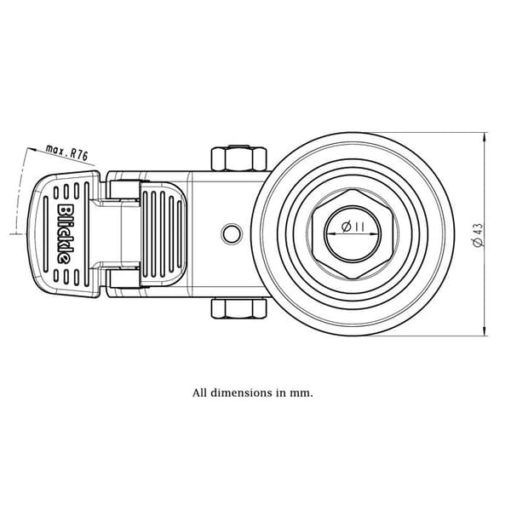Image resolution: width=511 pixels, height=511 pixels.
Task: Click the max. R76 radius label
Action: pos(67,152)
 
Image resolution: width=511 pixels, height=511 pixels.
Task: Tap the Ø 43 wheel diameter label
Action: pos(478,235)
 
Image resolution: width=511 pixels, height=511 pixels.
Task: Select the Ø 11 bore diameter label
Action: pos(353,227)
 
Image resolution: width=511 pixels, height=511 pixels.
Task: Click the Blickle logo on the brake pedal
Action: pos(63,234)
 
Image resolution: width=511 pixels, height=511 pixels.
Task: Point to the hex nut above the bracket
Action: pos(238,158)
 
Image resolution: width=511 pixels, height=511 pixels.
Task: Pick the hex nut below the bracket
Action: pos(238,308)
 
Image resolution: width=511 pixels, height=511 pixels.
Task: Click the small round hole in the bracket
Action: pos(232,233)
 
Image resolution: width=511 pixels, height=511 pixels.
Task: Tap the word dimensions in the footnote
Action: pos(241,393)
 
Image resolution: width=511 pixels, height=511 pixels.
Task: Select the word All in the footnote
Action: pos(199,393)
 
